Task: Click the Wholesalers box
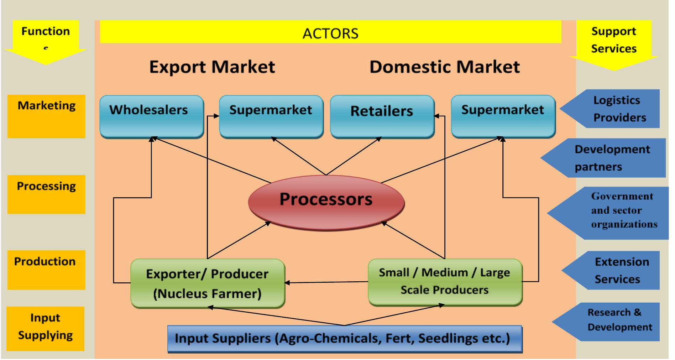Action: click(151, 116)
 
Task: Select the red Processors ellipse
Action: click(326, 202)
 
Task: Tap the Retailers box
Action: click(382, 116)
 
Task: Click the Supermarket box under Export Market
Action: click(271, 116)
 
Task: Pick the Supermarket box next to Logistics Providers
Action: click(503, 116)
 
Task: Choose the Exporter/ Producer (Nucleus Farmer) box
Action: click(207, 283)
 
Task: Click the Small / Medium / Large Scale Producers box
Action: click(444, 282)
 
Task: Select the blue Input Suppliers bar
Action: click(344, 338)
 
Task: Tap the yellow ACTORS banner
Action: click(330, 32)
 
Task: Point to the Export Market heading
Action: click(212, 67)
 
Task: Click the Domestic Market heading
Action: click(444, 67)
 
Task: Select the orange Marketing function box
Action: click(46, 116)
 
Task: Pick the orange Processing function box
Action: click(46, 194)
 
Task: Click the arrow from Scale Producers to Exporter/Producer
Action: click(326, 282)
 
